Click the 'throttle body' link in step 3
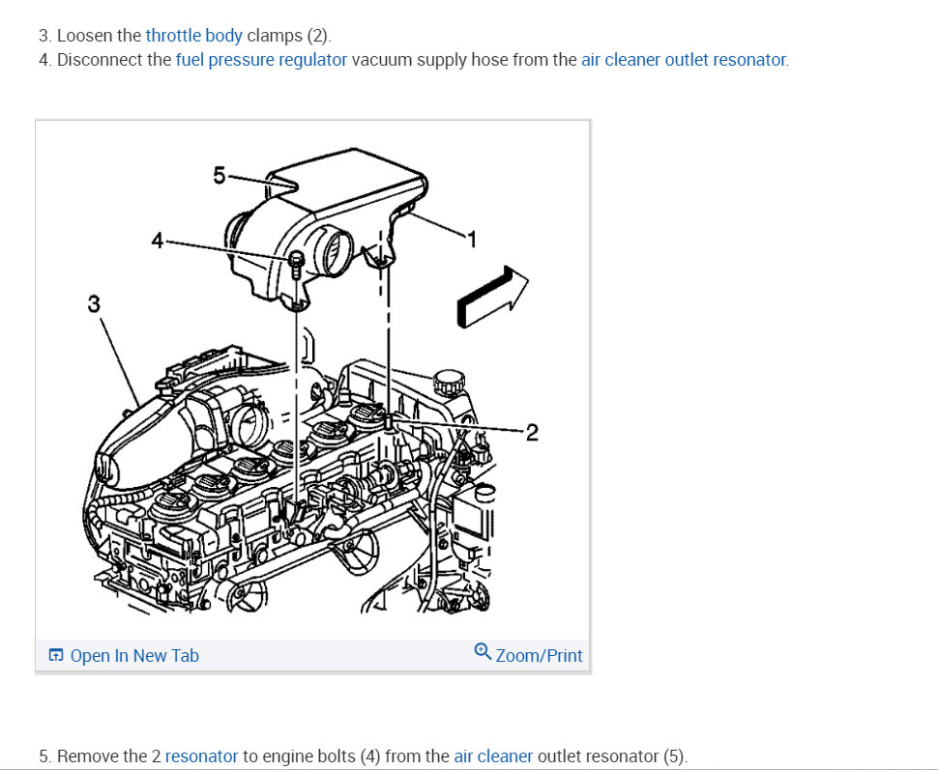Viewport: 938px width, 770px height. click(x=193, y=36)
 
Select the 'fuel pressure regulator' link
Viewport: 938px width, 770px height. click(x=261, y=60)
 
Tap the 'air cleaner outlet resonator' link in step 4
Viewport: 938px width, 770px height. click(x=684, y=60)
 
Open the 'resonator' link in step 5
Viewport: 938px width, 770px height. click(x=201, y=756)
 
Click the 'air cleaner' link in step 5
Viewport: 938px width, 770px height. click(x=493, y=756)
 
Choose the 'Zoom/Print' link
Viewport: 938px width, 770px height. click(x=539, y=656)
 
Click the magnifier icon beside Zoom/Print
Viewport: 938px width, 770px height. click(x=483, y=652)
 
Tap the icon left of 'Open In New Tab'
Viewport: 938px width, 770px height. click(x=56, y=656)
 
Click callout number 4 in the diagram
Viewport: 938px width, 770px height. click(x=158, y=241)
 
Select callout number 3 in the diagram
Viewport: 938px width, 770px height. click(x=93, y=303)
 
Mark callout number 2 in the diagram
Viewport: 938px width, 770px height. click(x=532, y=431)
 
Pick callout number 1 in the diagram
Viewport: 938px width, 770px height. click(x=473, y=239)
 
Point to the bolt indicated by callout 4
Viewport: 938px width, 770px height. click(x=296, y=261)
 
